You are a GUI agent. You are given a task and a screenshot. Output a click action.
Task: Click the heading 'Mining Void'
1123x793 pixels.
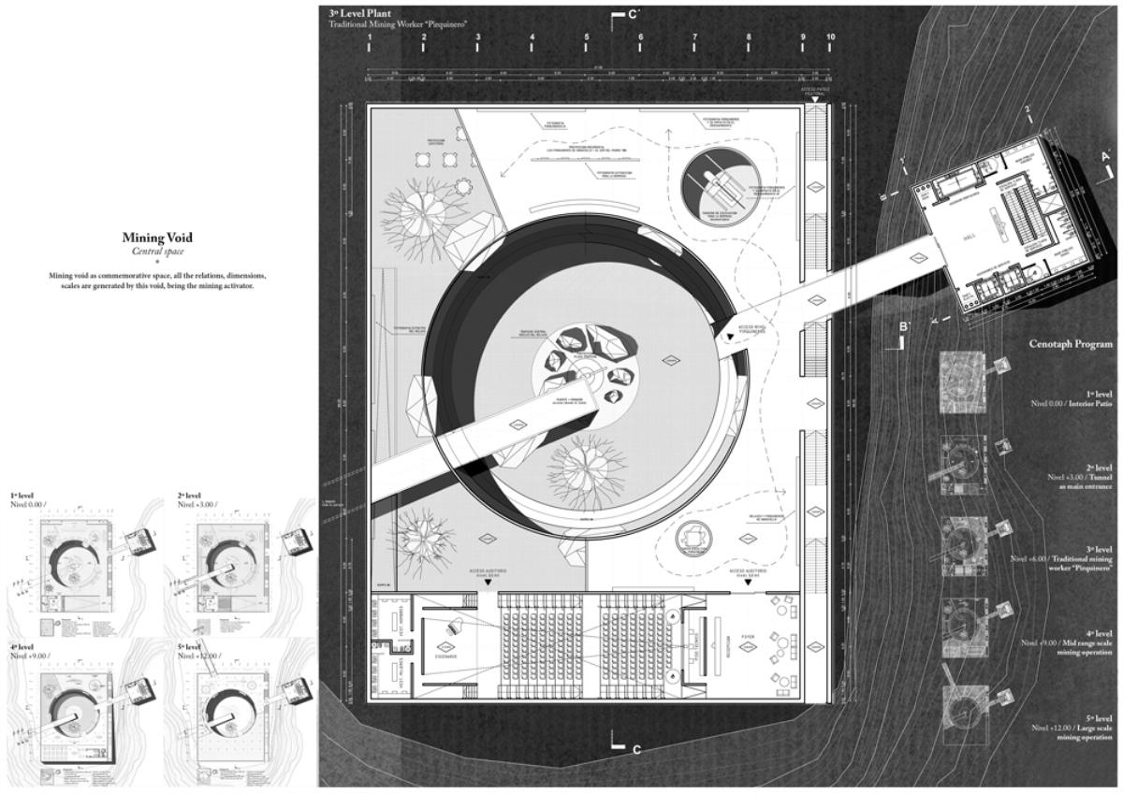tap(158, 238)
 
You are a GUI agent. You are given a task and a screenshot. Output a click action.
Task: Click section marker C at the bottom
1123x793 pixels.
tap(625, 748)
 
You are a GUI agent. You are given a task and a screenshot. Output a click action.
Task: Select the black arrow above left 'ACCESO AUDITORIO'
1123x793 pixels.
tap(487, 583)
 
